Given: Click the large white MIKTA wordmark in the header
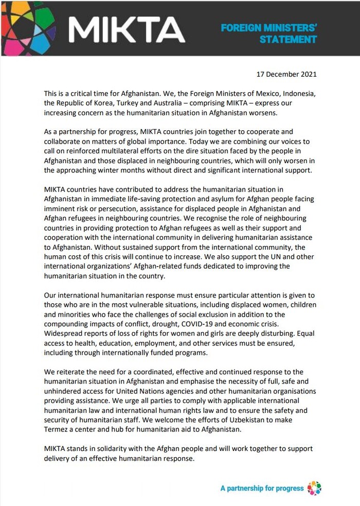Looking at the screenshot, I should coord(127,29).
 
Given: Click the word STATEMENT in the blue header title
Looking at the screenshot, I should coord(288,39).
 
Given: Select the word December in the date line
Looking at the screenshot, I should coord(280,74).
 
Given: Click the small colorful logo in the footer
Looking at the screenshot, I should coord(314,487).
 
